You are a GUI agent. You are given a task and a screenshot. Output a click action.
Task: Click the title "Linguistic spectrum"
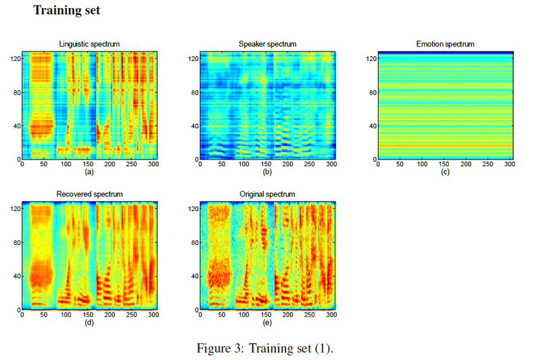pyautogui.click(x=89, y=44)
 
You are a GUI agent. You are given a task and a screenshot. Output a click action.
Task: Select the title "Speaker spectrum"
pyautogui.click(x=267, y=44)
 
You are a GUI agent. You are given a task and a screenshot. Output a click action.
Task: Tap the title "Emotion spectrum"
pyautogui.click(x=445, y=44)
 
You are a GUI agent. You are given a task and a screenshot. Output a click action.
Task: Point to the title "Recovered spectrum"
pyautogui.click(x=89, y=194)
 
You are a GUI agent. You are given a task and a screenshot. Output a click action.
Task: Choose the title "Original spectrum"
pyautogui.click(x=267, y=194)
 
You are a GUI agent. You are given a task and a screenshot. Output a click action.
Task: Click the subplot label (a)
pyautogui.click(x=89, y=172)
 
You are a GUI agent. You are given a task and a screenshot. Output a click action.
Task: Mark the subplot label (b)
pyautogui.click(x=267, y=172)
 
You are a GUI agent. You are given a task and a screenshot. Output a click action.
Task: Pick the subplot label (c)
pyautogui.click(x=445, y=172)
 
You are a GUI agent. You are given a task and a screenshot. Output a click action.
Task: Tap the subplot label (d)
pyautogui.click(x=89, y=322)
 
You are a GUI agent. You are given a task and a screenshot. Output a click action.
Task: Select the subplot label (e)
pyautogui.click(x=267, y=322)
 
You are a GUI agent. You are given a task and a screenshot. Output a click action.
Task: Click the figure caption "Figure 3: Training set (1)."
pyautogui.click(x=265, y=348)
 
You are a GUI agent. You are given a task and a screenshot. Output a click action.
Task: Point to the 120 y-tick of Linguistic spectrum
pyautogui.click(x=13, y=59)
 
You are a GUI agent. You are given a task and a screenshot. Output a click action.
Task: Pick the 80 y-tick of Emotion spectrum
pyautogui.click(x=371, y=92)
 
